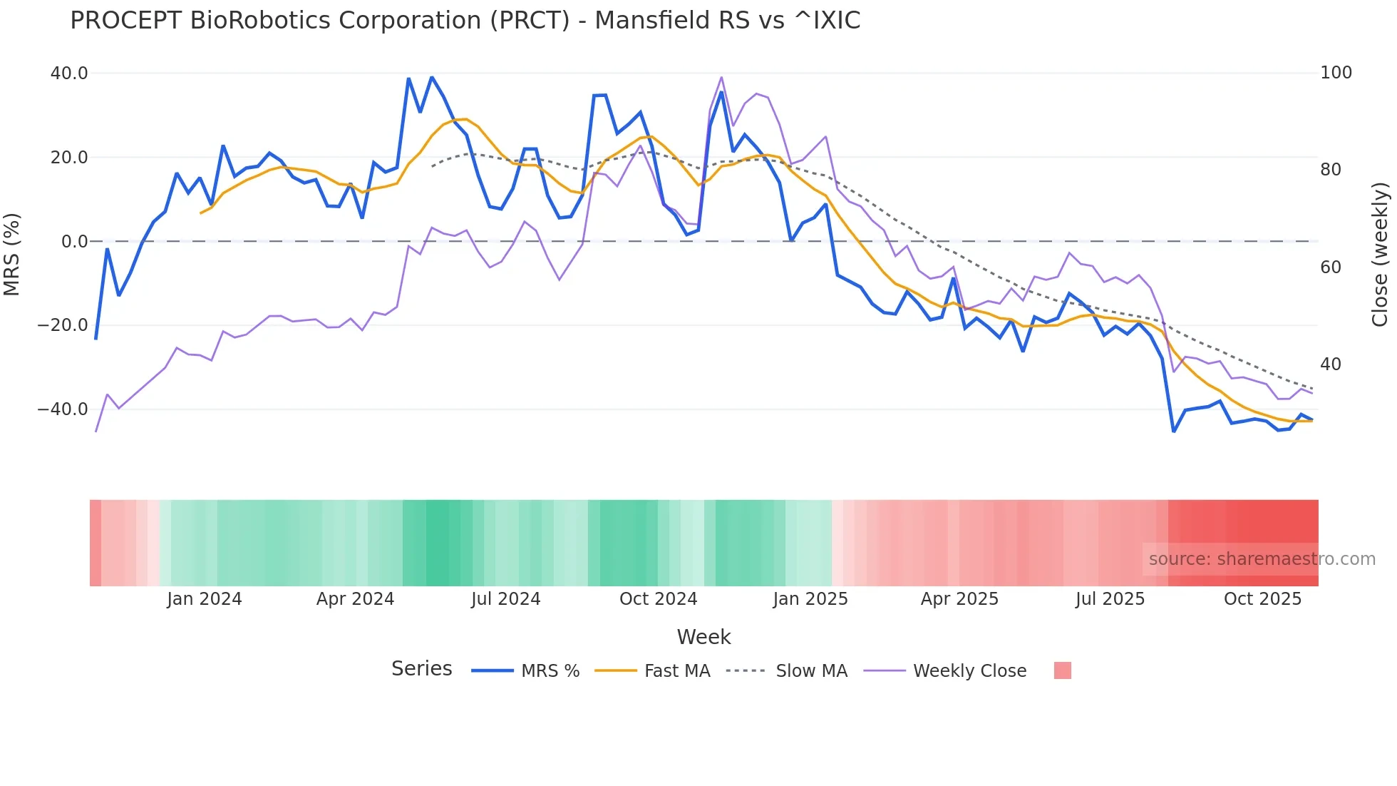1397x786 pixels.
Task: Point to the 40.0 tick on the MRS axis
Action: (x=69, y=73)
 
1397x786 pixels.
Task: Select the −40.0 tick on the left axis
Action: (x=63, y=409)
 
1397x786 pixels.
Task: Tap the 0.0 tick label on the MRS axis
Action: (x=74, y=242)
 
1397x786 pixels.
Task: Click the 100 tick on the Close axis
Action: (x=1336, y=73)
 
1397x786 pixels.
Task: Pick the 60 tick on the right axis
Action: (x=1330, y=267)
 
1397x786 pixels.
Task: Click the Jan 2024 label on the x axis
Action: (x=205, y=599)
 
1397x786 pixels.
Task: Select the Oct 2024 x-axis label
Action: (x=658, y=599)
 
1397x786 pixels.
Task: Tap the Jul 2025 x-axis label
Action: (x=1110, y=599)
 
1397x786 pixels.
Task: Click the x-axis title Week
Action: (x=703, y=637)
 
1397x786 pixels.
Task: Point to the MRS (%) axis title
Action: (x=12, y=254)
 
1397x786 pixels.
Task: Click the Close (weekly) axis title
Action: (x=1381, y=254)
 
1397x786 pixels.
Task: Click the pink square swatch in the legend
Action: (x=1062, y=670)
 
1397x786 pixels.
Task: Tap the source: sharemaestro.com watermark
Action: (x=1262, y=559)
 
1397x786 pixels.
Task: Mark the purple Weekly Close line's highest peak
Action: (x=721, y=77)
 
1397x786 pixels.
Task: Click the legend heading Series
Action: (x=421, y=669)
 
